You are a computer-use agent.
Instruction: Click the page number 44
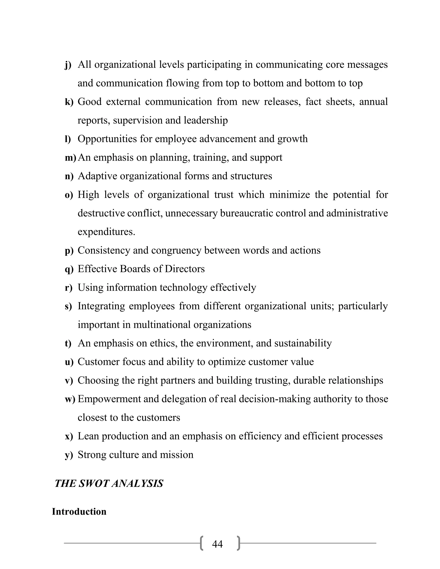pyautogui.click(x=217, y=544)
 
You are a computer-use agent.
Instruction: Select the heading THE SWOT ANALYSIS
pyautogui.click(x=109, y=484)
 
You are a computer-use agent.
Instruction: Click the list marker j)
pyautogui.click(x=68, y=65)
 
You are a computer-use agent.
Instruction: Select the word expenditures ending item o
pyautogui.click(x=106, y=232)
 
